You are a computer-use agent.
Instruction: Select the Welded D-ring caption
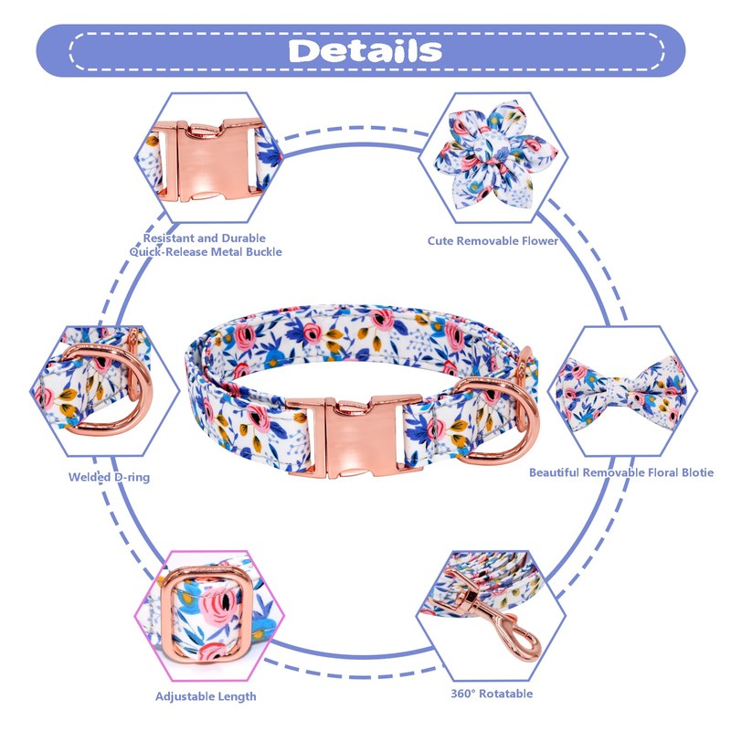coord(109,477)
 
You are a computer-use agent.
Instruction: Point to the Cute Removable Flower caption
coord(493,241)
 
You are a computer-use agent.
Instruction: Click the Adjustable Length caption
coord(206,697)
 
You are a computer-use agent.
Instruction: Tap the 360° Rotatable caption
coord(492,694)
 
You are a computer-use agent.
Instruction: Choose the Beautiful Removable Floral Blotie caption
coord(621,472)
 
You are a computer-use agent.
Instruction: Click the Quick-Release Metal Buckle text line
coord(211,251)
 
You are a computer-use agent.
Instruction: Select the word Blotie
coord(694,472)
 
